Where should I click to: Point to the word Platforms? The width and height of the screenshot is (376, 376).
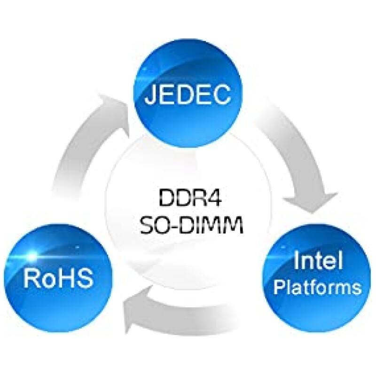[x=318, y=286]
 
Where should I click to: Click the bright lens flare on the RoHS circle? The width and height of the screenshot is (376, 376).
[x=32, y=257]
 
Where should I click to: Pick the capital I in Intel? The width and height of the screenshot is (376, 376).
[x=297, y=262]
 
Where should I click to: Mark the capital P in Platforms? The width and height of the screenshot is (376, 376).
[x=279, y=286]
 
